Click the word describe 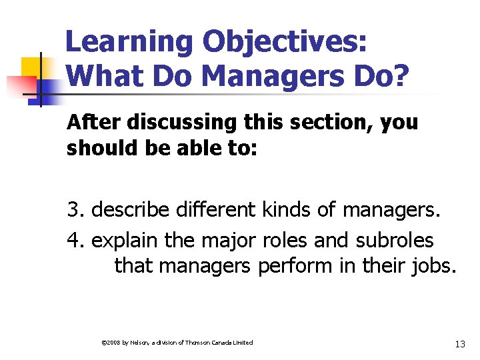(x=131, y=211)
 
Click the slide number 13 (x=459, y=344)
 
